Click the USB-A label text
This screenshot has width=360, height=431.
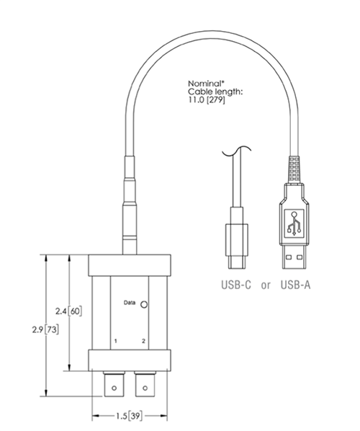pos(296,285)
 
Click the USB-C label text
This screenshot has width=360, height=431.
pos(235,285)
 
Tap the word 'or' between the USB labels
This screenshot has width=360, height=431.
pos(266,285)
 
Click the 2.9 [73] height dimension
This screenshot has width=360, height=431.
pos(30,329)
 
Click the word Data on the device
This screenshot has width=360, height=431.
pos(130,302)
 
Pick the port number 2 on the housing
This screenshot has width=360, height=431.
pos(144,339)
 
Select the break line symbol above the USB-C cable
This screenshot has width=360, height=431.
pos(234,152)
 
